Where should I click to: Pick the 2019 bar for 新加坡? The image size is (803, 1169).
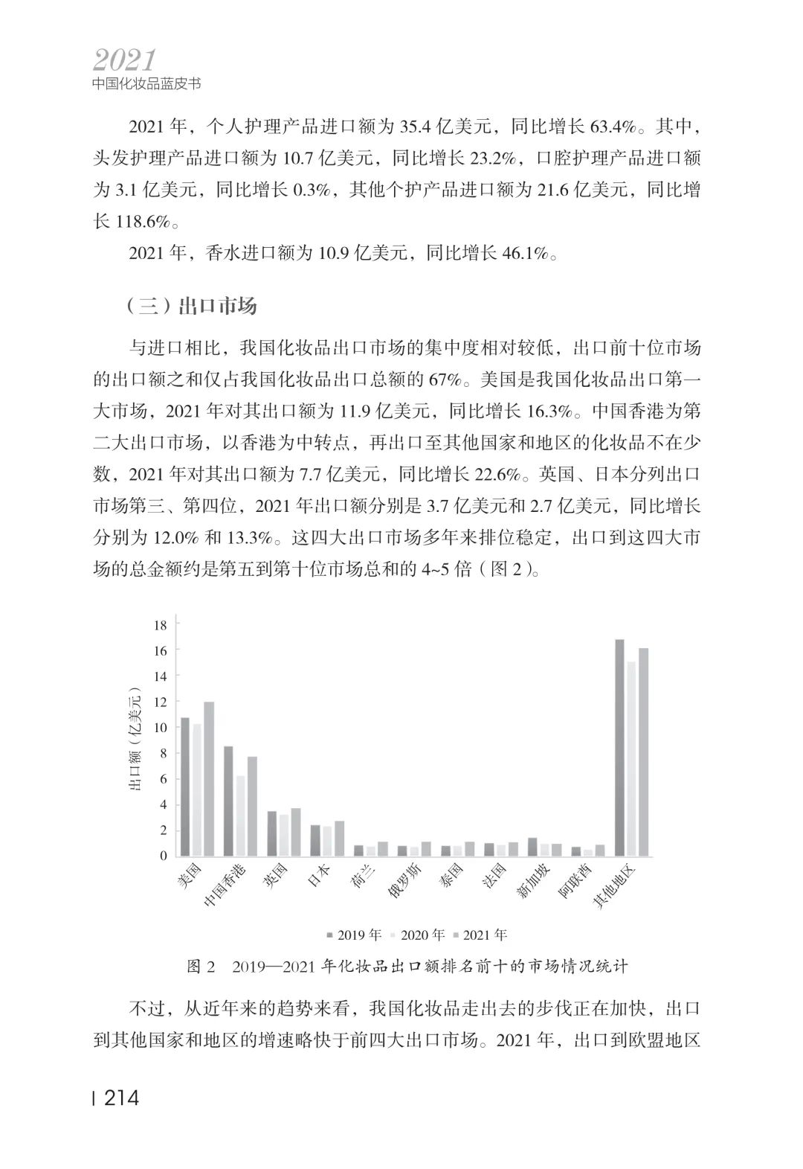click(x=532, y=847)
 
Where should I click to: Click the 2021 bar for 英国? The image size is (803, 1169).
click(x=296, y=832)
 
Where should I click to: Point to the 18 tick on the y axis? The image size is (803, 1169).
click(x=161, y=624)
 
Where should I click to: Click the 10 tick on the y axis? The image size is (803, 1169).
click(x=161, y=727)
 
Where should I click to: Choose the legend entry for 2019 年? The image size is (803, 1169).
click(x=354, y=935)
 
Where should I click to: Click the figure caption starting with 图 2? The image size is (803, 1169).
click(x=408, y=967)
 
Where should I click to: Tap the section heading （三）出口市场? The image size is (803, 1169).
click(x=191, y=306)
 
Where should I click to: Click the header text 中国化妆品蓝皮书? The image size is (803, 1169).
click(x=146, y=84)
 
